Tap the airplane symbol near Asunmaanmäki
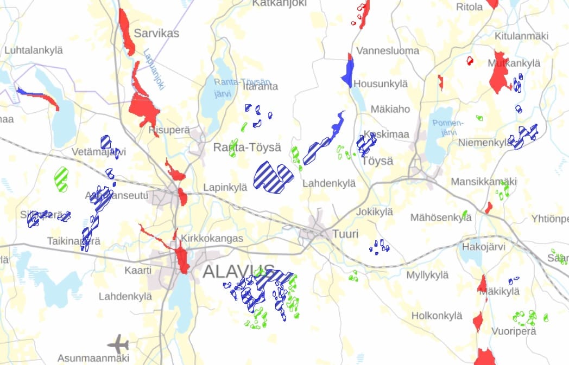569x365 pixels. pos(118,343)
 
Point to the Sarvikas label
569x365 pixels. pos(156,34)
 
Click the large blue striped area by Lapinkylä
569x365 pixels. pos(273,176)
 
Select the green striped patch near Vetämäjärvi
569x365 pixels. pos(61,178)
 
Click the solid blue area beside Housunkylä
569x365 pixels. pos(348,72)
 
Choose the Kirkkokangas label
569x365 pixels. pos(212,238)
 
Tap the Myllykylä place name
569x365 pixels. pos(428,275)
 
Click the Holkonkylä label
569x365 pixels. pos(437,315)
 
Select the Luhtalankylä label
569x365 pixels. pos(34,50)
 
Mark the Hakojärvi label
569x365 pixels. pos(483,247)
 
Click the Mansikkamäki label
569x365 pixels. pos(477,182)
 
